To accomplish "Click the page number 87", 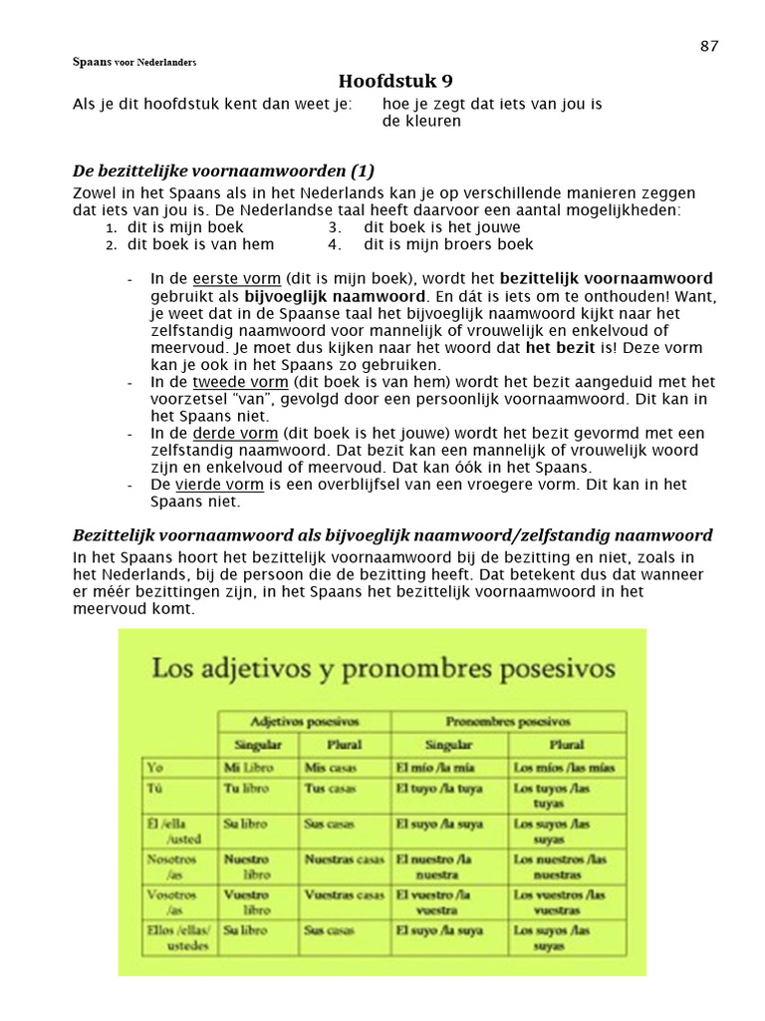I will [x=709, y=46].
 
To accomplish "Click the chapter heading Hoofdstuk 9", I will [x=388, y=81].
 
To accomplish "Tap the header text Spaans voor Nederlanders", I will [x=133, y=62].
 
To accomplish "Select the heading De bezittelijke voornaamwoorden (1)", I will [x=224, y=170].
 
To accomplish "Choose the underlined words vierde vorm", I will [x=219, y=485].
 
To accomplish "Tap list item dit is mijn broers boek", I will [x=448, y=244].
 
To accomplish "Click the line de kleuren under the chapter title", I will [x=421, y=121].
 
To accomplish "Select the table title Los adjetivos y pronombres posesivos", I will [x=382, y=667].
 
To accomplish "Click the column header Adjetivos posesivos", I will [x=305, y=721].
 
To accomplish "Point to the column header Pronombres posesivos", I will [x=508, y=721].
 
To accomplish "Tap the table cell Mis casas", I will [x=330, y=769].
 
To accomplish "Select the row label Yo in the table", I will [x=155, y=769].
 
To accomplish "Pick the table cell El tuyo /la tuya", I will [x=439, y=789].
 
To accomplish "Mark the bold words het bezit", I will [x=561, y=348].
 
